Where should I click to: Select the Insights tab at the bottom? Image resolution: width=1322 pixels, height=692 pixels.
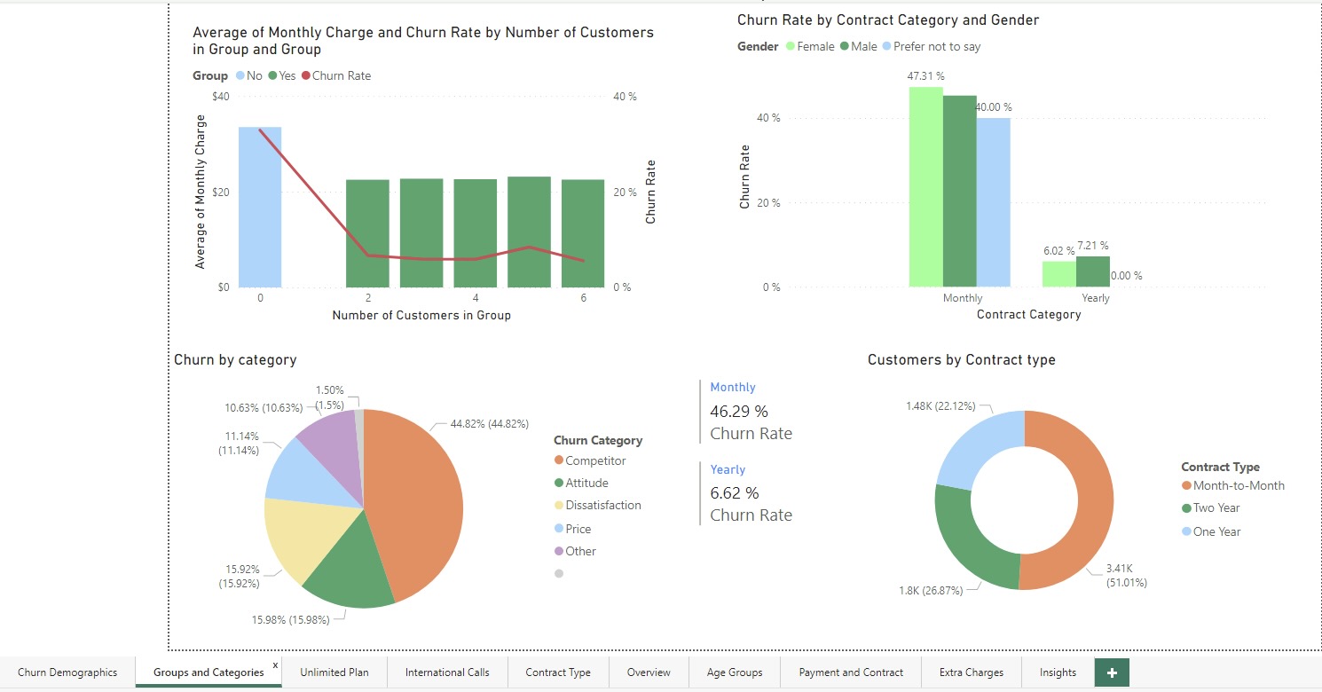pyautogui.click(x=1058, y=672)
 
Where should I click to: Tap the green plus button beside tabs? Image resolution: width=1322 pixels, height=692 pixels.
pyautogui.click(x=1112, y=672)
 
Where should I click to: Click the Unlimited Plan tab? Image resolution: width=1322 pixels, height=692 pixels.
pyautogui.click(x=334, y=672)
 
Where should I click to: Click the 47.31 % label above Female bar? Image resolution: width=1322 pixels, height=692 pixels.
pyautogui.click(x=925, y=76)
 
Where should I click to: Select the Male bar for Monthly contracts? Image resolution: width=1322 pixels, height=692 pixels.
pyautogui.click(x=959, y=191)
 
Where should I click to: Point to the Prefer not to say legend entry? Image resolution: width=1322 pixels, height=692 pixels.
pyautogui.click(x=936, y=46)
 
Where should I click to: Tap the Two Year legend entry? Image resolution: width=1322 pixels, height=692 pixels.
pyautogui.click(x=1216, y=508)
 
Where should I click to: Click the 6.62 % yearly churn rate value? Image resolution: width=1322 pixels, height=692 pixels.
pyautogui.click(x=735, y=492)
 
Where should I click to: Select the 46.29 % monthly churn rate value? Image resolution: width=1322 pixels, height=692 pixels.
pyautogui.click(x=739, y=412)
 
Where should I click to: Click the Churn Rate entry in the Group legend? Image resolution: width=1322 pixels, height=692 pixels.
pyautogui.click(x=341, y=75)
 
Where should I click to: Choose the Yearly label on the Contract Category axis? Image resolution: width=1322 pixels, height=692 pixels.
pyautogui.click(x=1095, y=298)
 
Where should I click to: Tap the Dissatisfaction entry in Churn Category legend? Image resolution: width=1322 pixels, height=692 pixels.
pyautogui.click(x=602, y=506)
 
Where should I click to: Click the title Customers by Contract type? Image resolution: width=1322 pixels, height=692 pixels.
pyautogui.click(x=961, y=360)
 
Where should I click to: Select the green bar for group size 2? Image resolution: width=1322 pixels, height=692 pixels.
pyautogui.click(x=367, y=233)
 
